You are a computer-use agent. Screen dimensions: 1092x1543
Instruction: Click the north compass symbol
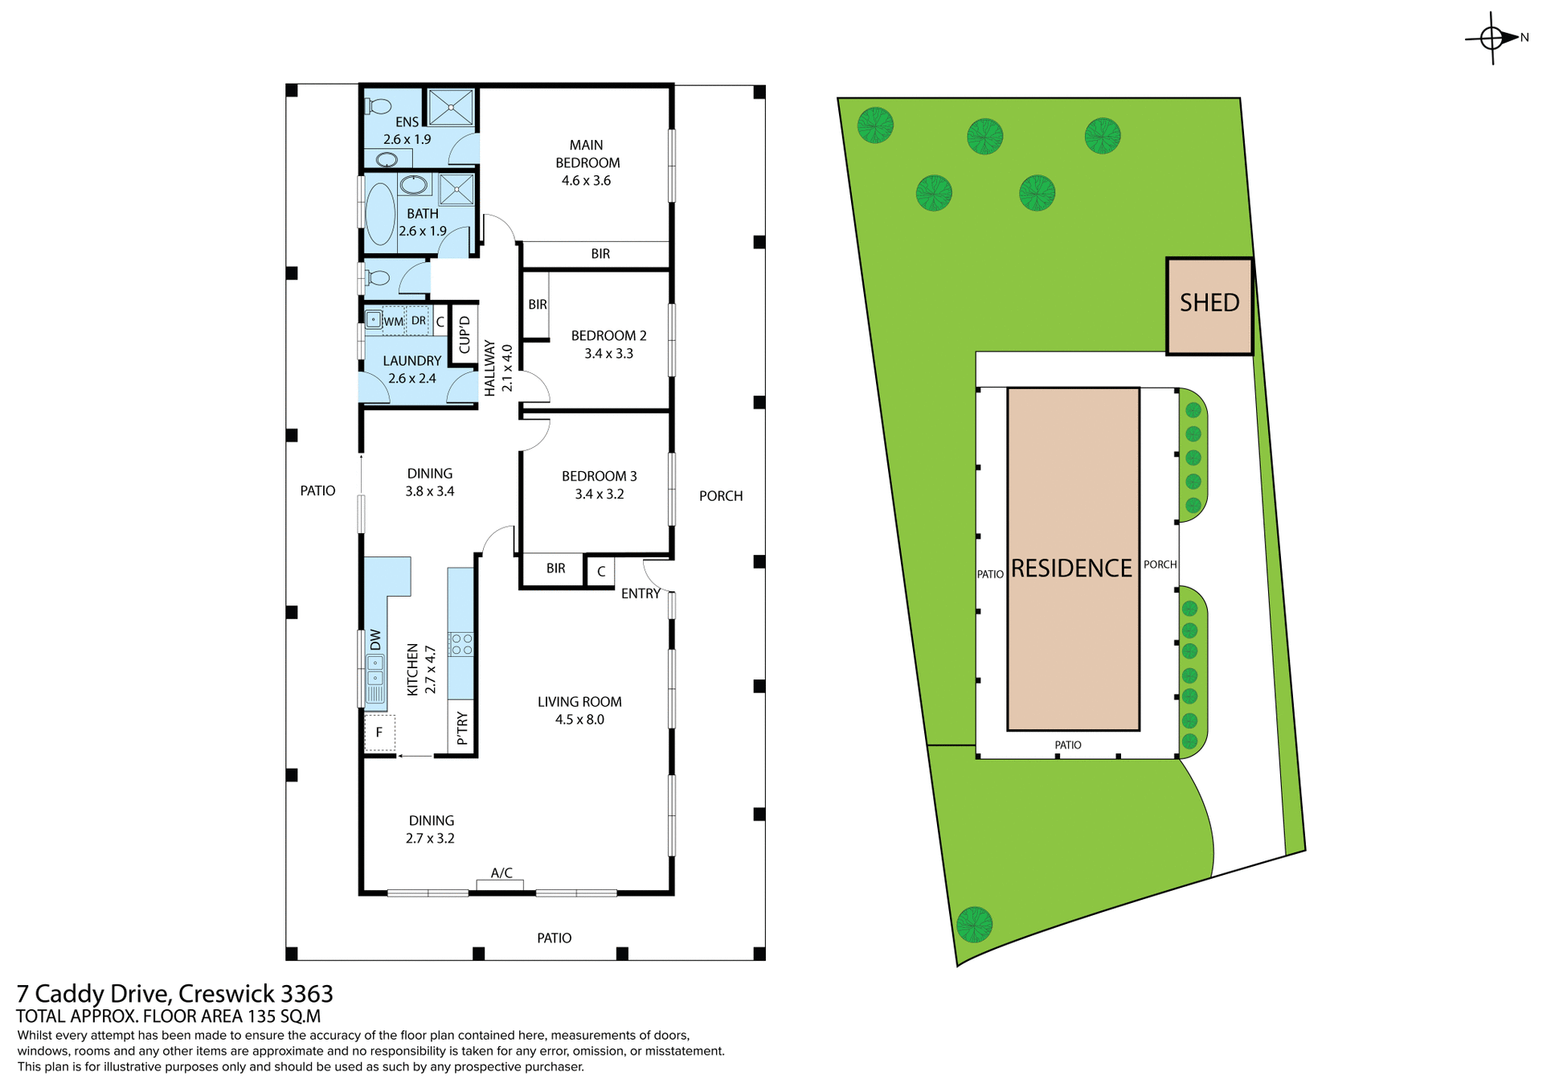click(1492, 38)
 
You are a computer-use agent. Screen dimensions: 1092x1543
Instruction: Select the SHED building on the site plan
click(1209, 306)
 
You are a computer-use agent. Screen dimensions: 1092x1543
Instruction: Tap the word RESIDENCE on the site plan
click(1071, 569)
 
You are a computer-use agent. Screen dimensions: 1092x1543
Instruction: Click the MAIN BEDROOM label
click(587, 154)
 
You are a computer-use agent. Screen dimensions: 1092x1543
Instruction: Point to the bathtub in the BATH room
click(380, 213)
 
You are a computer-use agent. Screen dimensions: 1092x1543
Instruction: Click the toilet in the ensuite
click(378, 106)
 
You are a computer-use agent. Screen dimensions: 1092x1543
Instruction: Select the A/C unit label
click(501, 873)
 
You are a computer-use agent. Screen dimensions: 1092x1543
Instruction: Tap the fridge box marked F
click(379, 733)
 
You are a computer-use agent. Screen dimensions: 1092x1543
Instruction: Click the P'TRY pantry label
click(462, 728)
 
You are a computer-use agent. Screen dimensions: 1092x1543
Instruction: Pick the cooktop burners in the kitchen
click(461, 644)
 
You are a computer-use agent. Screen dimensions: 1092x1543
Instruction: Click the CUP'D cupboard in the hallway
click(464, 335)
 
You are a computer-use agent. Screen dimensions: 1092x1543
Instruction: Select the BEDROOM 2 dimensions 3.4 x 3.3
click(608, 354)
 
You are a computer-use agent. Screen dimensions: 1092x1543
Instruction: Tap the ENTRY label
click(641, 593)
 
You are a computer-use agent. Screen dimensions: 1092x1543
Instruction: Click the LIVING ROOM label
click(579, 702)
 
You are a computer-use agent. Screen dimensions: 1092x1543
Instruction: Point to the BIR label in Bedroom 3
click(555, 569)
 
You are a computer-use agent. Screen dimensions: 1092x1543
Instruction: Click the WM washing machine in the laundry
click(393, 322)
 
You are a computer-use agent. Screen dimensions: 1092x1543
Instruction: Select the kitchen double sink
click(375, 671)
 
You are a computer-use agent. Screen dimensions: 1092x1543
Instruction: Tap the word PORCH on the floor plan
click(720, 496)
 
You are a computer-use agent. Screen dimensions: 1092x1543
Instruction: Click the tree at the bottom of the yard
click(974, 925)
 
